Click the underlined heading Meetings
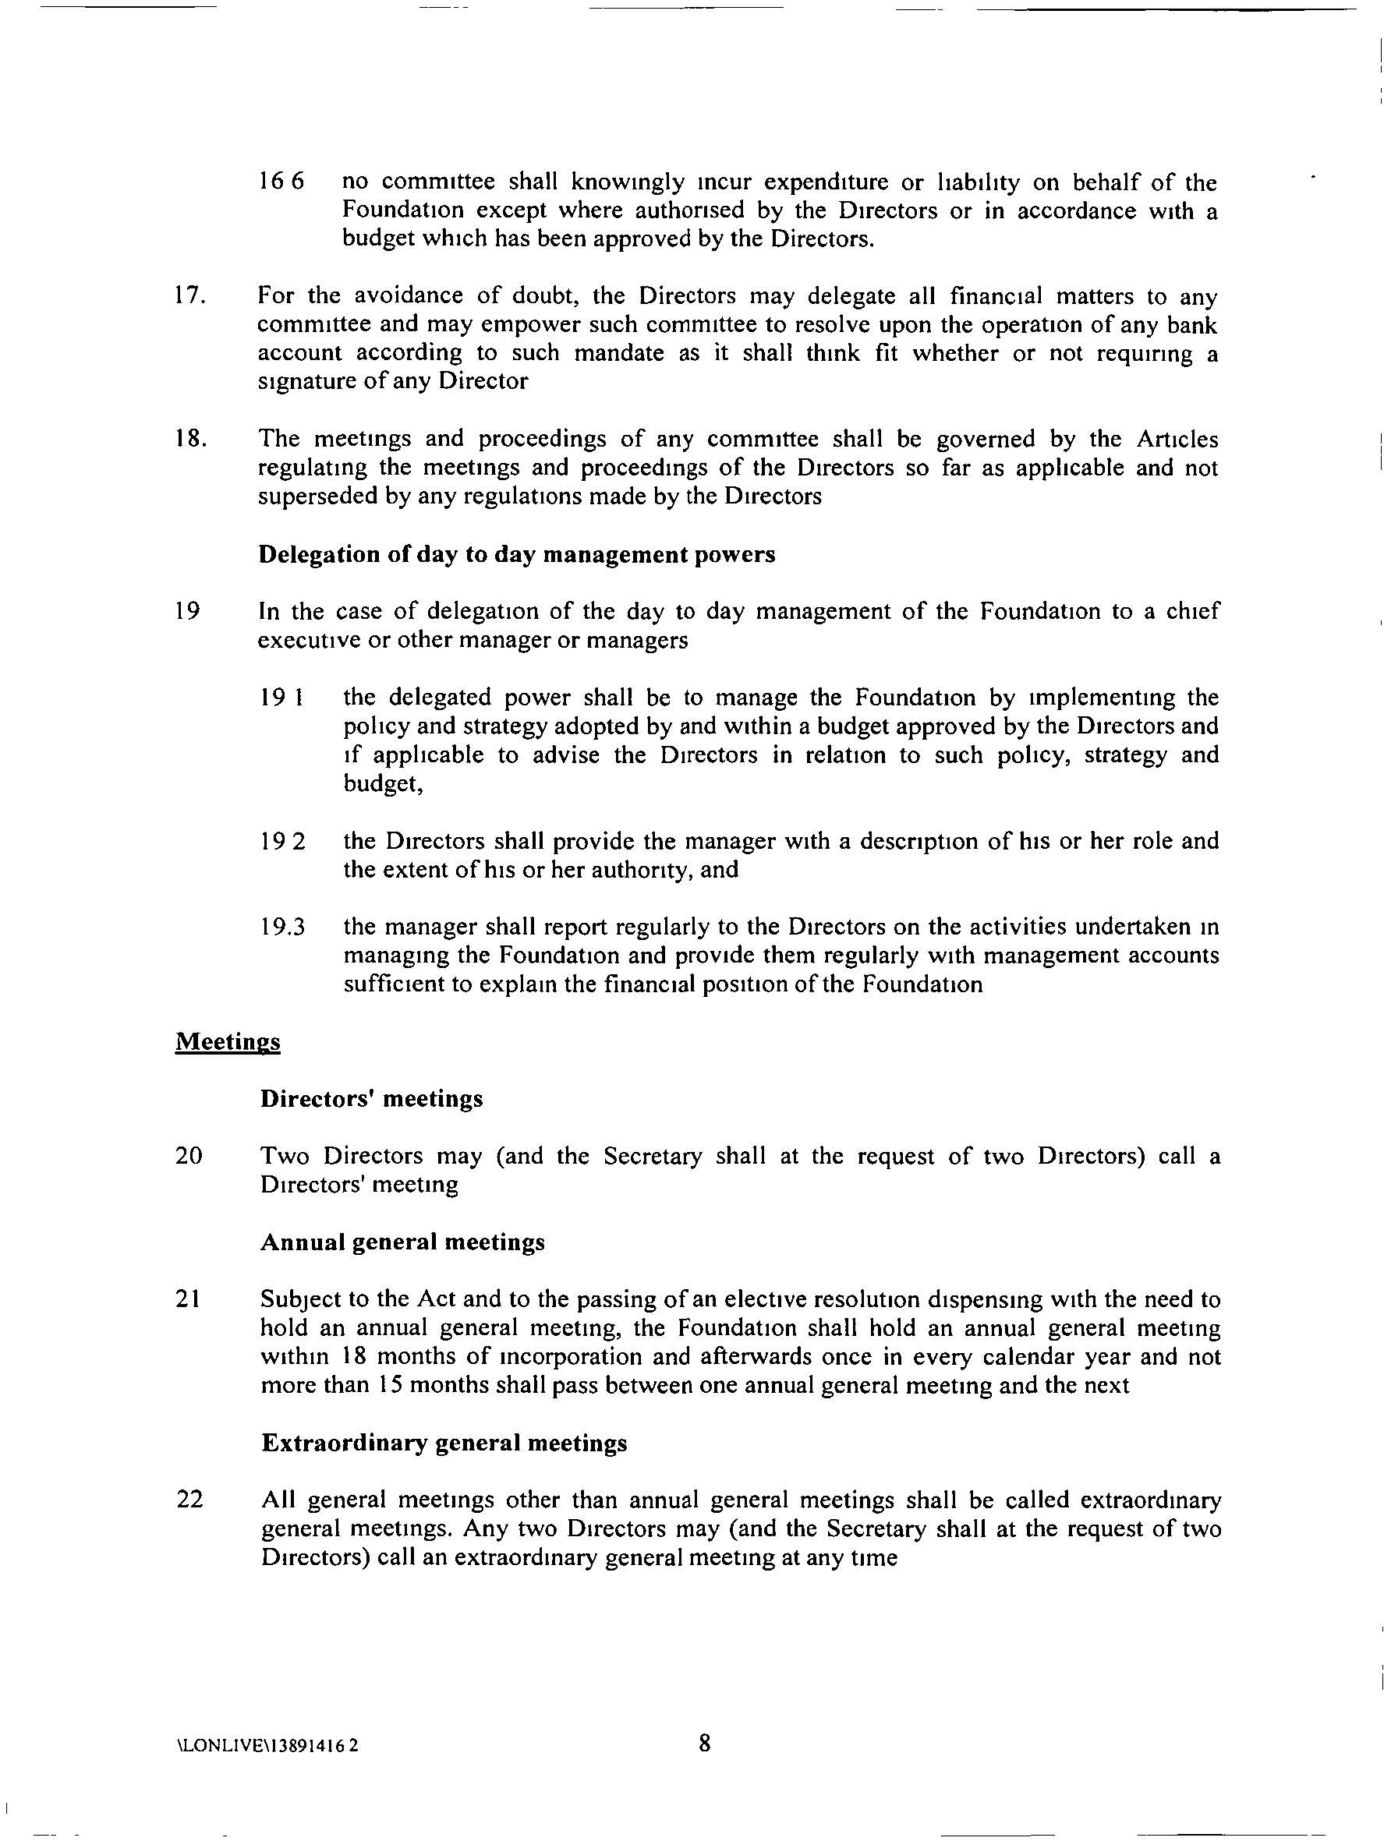[228, 1042]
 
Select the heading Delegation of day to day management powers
[516, 554]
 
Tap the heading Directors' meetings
[371, 1099]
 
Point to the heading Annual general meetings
[403, 1242]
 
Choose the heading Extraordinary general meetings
[444, 1443]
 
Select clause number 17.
[190, 296]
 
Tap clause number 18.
[190, 439]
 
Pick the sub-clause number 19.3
[282, 928]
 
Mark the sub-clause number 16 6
[281, 182]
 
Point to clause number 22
[190, 1500]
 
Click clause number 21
[188, 1299]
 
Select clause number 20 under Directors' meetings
[189, 1156]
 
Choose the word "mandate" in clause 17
[620, 353]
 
